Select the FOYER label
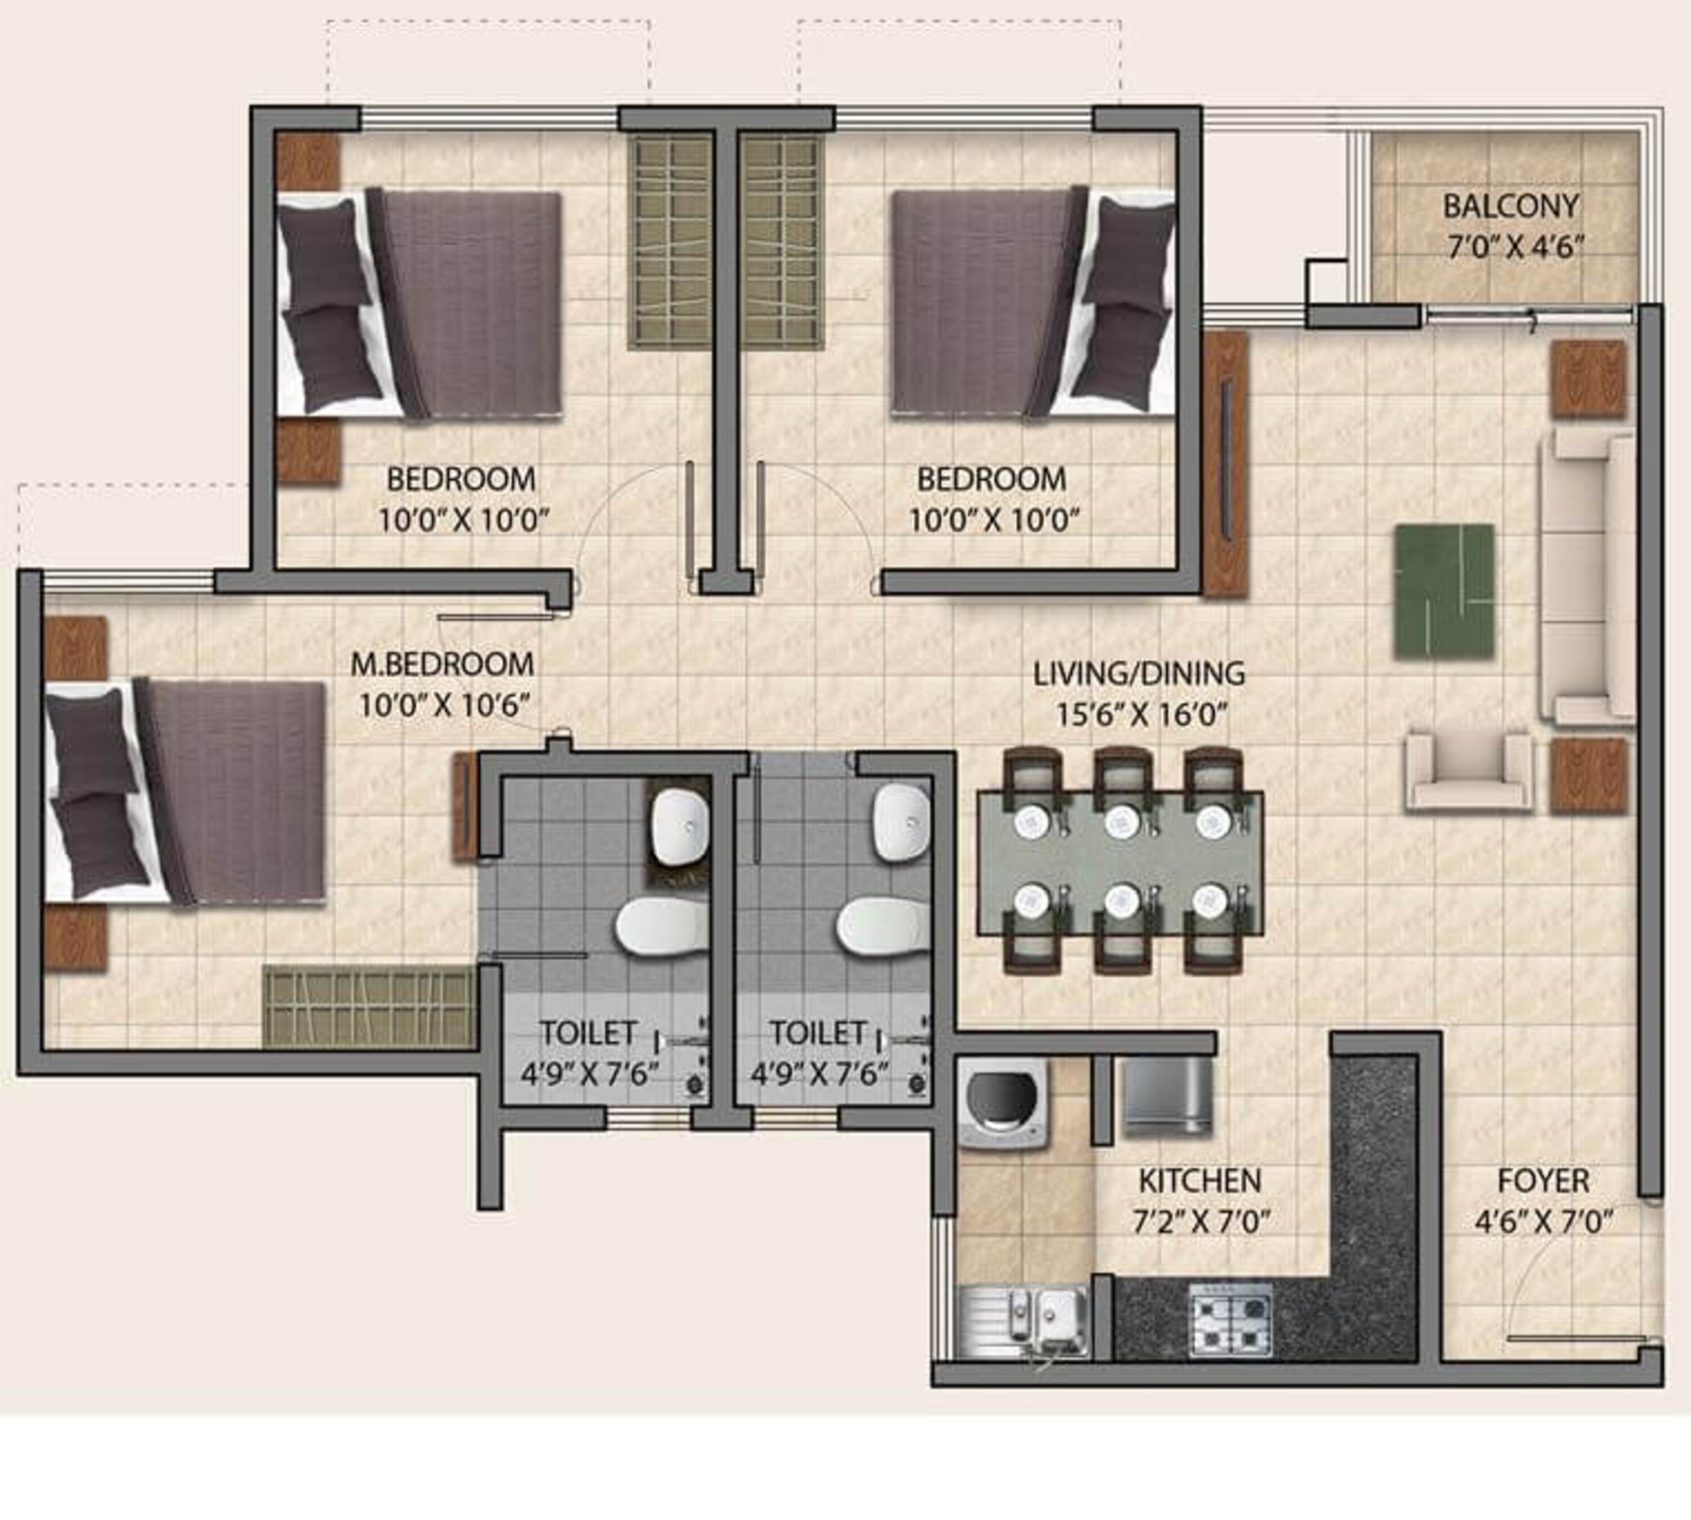pos(1543,1181)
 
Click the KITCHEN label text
pos(1200,1181)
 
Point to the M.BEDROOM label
pos(442,664)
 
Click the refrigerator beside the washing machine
pos(1167,1095)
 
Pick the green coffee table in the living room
pos(1444,590)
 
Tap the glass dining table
pos(1120,863)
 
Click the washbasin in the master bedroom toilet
pos(679,828)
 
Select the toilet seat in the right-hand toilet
pos(883,925)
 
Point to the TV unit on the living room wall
pos(1225,463)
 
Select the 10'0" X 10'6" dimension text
pos(444,706)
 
